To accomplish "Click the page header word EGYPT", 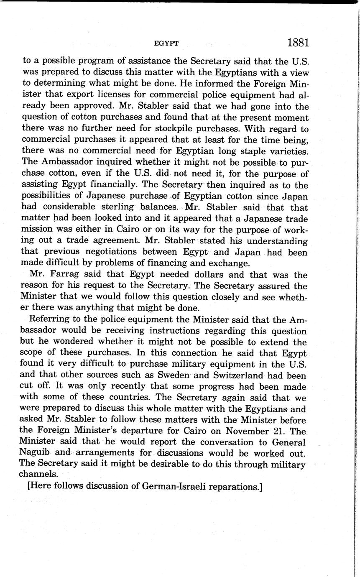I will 166,43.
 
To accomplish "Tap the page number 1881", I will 298,43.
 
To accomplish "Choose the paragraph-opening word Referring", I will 48,320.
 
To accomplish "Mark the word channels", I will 38,475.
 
